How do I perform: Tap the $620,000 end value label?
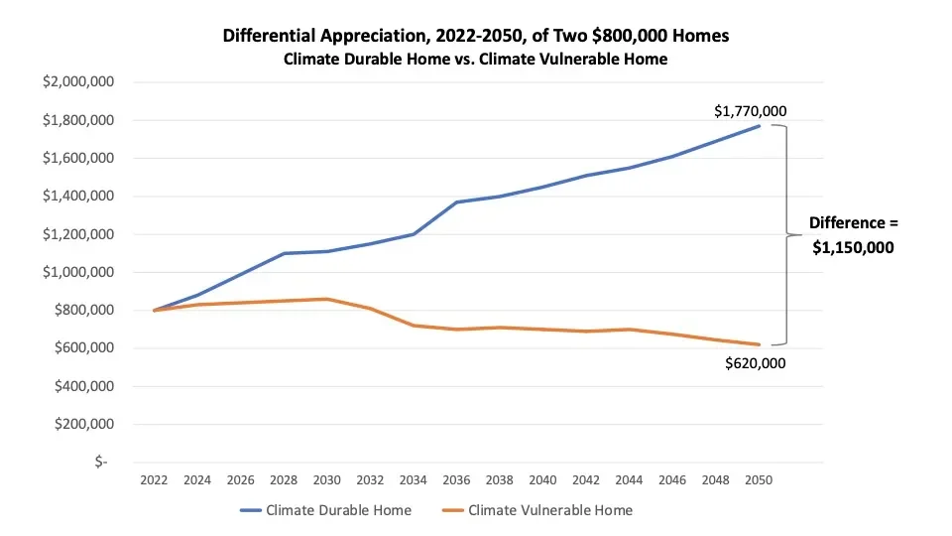click(757, 363)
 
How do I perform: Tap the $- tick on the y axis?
click(100, 463)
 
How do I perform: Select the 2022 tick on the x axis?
click(154, 479)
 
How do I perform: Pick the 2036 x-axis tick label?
click(456, 479)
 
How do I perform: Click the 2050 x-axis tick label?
click(759, 479)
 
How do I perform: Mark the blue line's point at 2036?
click(456, 202)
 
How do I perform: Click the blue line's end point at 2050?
click(760, 126)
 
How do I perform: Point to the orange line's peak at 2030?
click(326, 299)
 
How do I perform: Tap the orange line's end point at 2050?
click(760, 344)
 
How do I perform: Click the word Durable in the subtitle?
click(369, 59)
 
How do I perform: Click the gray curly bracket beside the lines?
click(786, 235)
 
